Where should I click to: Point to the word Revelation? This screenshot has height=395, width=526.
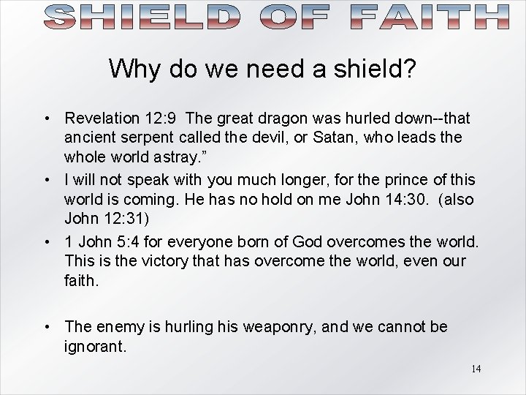102,118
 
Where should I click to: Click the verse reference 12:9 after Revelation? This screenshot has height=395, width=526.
160,118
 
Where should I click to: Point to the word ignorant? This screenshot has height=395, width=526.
95,345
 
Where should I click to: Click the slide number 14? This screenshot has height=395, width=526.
476,369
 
